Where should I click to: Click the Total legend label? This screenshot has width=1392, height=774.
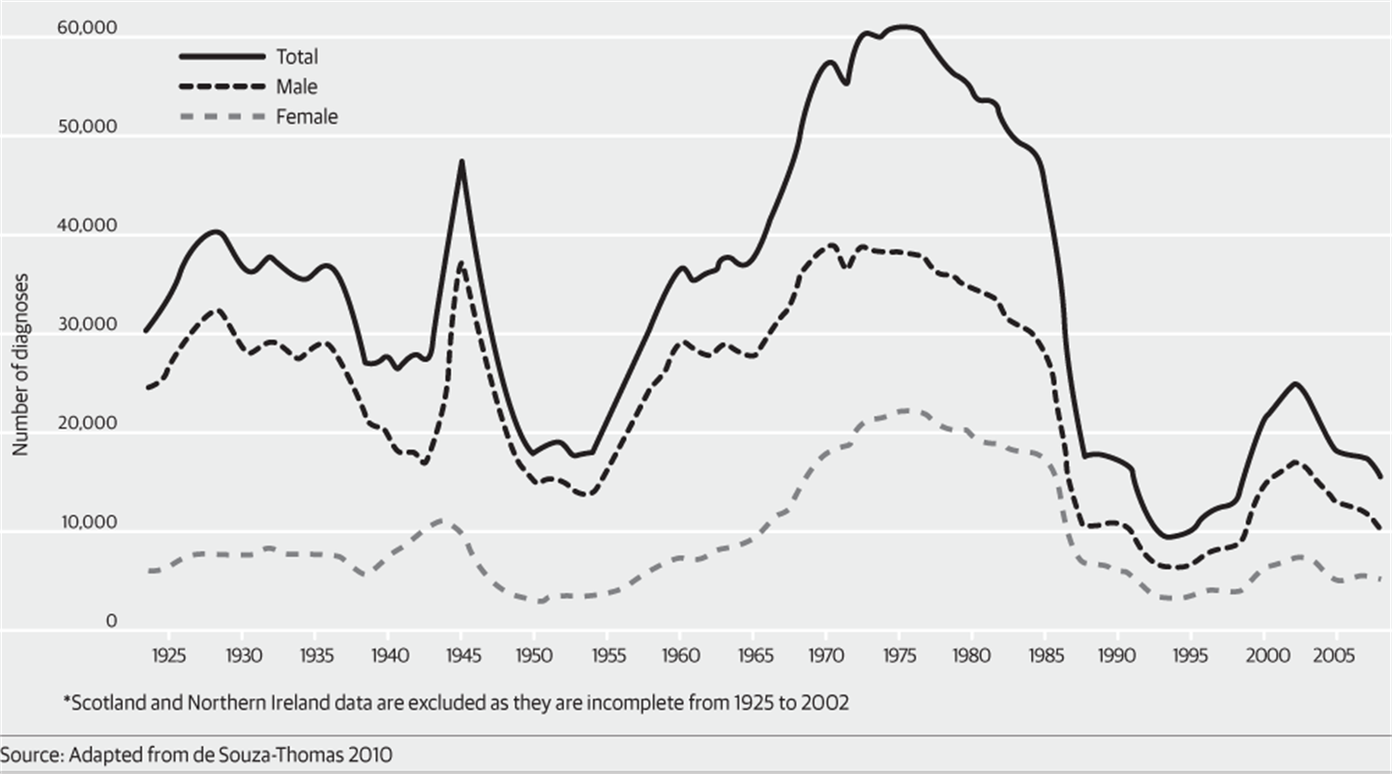(297, 57)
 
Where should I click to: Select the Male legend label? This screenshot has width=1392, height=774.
(296, 87)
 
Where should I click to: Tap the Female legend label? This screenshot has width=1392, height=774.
(307, 117)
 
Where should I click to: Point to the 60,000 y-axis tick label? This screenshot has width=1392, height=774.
(87, 28)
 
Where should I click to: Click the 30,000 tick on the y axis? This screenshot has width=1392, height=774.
(87, 325)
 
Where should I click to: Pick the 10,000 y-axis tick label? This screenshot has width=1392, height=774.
(87, 522)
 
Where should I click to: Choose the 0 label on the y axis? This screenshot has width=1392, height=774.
(111, 621)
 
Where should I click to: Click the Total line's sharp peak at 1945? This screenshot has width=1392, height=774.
(462, 162)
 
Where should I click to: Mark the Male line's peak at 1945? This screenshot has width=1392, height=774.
(462, 263)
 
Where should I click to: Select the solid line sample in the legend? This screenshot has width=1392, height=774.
(220, 57)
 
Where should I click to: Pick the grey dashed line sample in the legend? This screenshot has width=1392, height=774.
(220, 117)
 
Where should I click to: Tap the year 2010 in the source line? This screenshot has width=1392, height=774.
(372, 754)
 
